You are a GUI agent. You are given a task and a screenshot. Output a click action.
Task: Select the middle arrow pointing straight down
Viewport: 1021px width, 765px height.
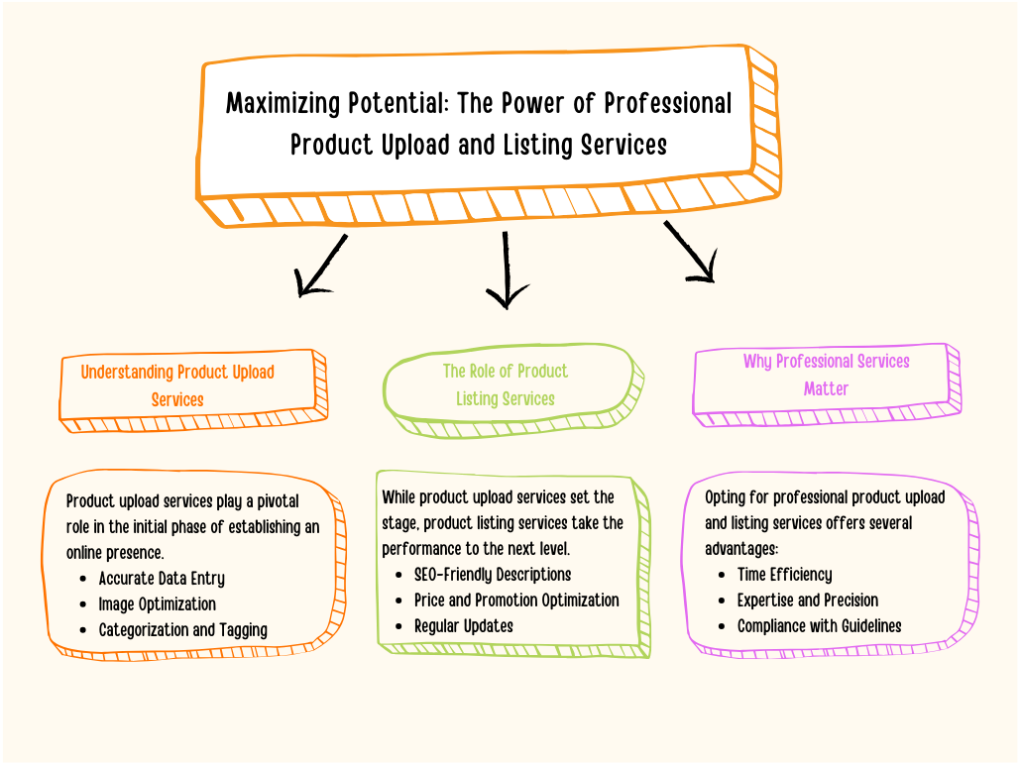tap(506, 270)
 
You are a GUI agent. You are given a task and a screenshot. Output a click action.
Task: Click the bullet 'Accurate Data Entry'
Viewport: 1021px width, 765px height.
tap(162, 578)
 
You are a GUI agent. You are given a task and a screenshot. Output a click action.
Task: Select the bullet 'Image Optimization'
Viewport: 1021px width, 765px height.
tap(157, 604)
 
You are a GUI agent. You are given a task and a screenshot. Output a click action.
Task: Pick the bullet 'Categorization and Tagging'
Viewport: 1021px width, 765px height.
tap(183, 630)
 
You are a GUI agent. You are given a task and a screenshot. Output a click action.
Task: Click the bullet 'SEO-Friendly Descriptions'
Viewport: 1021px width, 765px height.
tap(493, 574)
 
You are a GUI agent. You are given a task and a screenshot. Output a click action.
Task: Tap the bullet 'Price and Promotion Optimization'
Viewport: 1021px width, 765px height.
tap(516, 601)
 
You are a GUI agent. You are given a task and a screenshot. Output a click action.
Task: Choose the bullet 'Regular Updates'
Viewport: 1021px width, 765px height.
tap(464, 626)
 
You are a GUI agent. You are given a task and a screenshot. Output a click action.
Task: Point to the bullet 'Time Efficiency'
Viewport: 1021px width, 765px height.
tap(785, 574)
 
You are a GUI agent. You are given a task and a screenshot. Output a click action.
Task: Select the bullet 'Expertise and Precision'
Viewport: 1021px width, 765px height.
tap(808, 601)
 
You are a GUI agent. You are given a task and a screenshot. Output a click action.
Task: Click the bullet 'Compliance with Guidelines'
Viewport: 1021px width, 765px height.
tap(819, 626)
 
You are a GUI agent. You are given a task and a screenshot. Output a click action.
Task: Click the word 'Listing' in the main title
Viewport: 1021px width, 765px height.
tap(538, 145)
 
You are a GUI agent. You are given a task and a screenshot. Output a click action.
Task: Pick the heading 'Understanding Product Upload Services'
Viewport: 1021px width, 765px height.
tap(177, 385)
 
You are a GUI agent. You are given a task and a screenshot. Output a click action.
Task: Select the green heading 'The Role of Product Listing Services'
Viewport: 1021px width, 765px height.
tap(506, 384)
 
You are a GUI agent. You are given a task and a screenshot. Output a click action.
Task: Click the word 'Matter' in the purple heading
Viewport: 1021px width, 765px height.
tap(826, 388)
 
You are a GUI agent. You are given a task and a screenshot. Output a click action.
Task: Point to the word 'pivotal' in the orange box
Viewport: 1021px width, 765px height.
tap(278, 501)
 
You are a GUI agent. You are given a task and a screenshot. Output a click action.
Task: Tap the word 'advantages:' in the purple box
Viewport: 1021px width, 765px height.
tap(741, 549)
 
